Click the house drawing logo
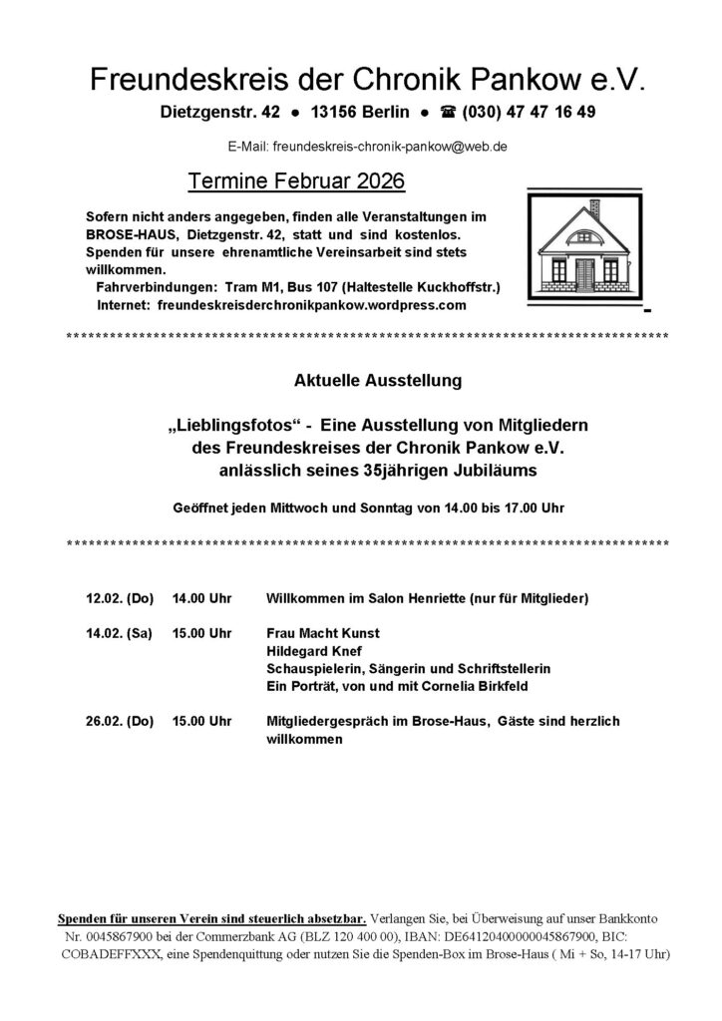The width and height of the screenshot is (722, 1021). [586, 251]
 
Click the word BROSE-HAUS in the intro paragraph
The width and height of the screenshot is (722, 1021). [127, 234]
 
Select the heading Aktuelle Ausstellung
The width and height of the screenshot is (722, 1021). [365, 381]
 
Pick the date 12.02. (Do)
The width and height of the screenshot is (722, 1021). [120, 598]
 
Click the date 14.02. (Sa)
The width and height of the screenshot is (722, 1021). [119, 633]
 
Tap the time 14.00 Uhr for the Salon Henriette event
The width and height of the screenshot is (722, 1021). [201, 598]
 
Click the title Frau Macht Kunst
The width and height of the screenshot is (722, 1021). [323, 633]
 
